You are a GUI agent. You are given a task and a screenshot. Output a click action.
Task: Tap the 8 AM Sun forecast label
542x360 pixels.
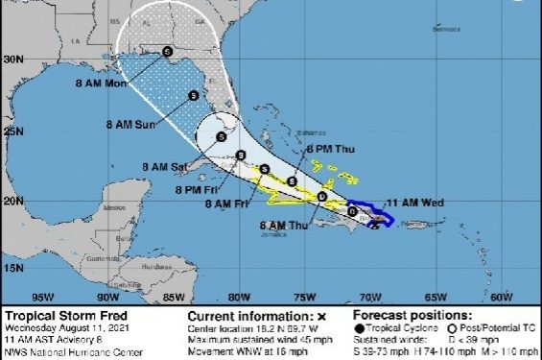[131, 125]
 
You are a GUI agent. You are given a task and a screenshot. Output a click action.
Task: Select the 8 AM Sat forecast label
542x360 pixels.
[165, 167]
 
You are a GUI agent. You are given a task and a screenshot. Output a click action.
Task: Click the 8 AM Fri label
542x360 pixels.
[224, 204]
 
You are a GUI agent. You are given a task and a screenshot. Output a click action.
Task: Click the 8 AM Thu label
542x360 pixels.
[284, 226]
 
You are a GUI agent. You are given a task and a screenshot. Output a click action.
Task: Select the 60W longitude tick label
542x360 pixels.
[501, 297]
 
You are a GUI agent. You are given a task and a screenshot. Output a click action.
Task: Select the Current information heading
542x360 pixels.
[249, 315]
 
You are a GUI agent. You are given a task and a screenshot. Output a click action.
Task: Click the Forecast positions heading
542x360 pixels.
[412, 315]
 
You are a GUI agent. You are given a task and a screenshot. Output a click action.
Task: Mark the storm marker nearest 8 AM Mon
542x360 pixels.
[167, 52]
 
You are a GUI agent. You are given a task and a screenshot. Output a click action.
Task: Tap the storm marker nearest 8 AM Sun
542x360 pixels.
[193, 95]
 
